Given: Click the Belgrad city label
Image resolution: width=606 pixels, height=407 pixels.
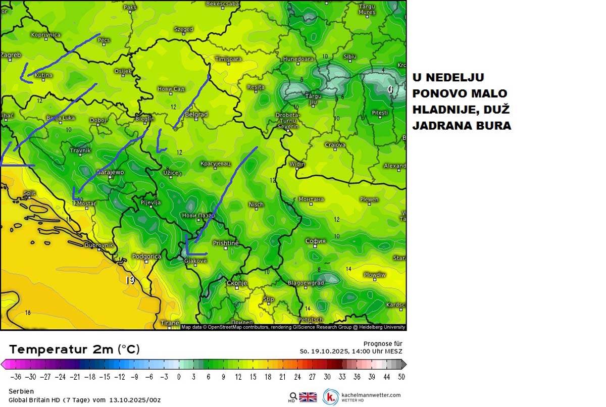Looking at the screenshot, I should click(x=196, y=115).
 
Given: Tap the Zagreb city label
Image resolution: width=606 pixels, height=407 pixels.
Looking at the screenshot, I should click(x=11, y=55).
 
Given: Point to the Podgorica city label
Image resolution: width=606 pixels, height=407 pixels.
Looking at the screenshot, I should click(x=146, y=257).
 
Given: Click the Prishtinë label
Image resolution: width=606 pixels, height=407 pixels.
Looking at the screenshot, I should click(x=225, y=243).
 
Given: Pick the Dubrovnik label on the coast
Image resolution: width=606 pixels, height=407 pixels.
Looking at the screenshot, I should click(x=99, y=245).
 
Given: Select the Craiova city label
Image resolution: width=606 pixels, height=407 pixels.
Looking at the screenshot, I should click(x=335, y=145).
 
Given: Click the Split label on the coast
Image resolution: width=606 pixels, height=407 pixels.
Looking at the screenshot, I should click(x=29, y=193).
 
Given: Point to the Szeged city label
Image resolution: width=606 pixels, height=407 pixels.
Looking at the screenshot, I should click(x=184, y=29).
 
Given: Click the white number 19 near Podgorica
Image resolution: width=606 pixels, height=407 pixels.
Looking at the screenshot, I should click(x=130, y=279).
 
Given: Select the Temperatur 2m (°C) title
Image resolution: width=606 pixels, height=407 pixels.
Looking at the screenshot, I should click(x=74, y=349).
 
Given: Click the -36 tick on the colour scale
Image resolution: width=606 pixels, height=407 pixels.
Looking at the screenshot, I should click(x=17, y=377).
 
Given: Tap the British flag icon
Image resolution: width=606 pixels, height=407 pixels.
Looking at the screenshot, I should click(x=308, y=396).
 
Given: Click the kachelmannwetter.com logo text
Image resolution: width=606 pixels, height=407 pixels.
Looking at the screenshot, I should click(x=371, y=395).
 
